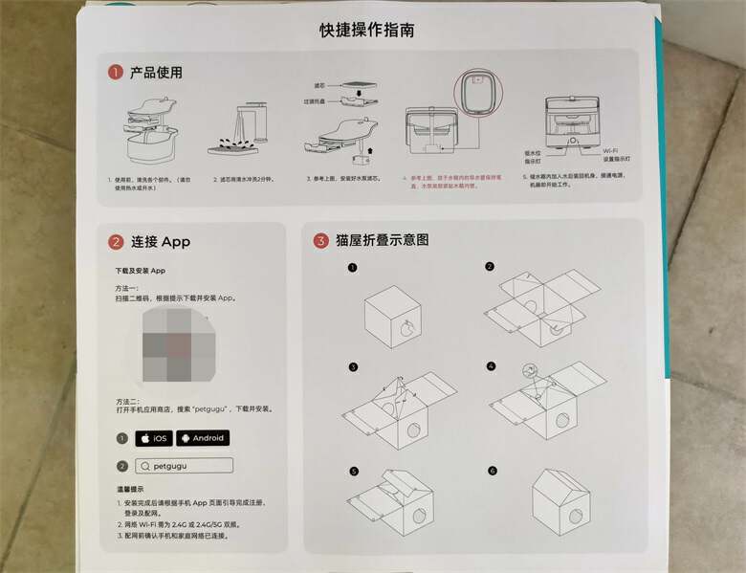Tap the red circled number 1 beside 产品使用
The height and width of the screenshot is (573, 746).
pyautogui.click(x=115, y=73)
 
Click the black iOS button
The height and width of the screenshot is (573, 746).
pyautogui.click(x=154, y=438)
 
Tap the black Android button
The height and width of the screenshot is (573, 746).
pyautogui.click(x=201, y=438)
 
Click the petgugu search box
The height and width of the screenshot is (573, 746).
pyautogui.click(x=185, y=466)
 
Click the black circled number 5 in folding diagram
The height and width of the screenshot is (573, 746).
pyautogui.click(x=352, y=472)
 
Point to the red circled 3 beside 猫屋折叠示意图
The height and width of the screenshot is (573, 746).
pyautogui.click(x=320, y=240)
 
